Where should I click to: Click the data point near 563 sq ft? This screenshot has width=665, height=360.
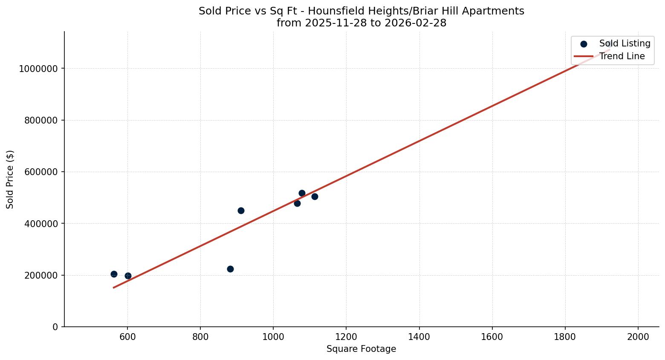pyautogui.click(x=114, y=274)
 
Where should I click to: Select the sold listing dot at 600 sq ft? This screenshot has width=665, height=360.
pyautogui.click(x=128, y=276)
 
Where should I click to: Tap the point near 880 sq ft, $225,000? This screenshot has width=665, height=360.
pyautogui.click(x=230, y=269)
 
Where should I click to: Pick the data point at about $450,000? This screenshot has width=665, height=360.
pyautogui.click(x=241, y=210)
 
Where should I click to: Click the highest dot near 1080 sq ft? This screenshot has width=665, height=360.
pyautogui.click(x=302, y=193)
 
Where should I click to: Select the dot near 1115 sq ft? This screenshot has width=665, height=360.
pyautogui.click(x=315, y=196)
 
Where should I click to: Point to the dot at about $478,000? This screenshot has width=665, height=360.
pyautogui.click(x=297, y=203)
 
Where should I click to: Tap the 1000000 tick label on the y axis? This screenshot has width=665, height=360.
pyautogui.click(x=38, y=69)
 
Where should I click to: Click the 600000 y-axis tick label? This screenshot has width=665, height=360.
pyautogui.click(x=41, y=172)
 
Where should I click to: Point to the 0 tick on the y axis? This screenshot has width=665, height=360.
pyautogui.click(x=55, y=327)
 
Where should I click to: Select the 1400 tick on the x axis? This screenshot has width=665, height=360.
pyautogui.click(x=419, y=337)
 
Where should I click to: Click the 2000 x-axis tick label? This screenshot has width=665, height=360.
pyautogui.click(x=638, y=337)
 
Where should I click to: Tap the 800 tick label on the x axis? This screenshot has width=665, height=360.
pyautogui.click(x=200, y=337)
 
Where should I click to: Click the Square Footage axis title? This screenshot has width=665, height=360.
pyautogui.click(x=361, y=349)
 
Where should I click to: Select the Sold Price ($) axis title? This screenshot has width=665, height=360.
pyautogui.click(x=10, y=179)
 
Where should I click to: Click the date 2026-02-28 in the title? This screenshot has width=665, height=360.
pyautogui.click(x=415, y=23)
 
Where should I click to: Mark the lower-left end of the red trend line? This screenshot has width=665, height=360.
pyautogui.click(x=113, y=288)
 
